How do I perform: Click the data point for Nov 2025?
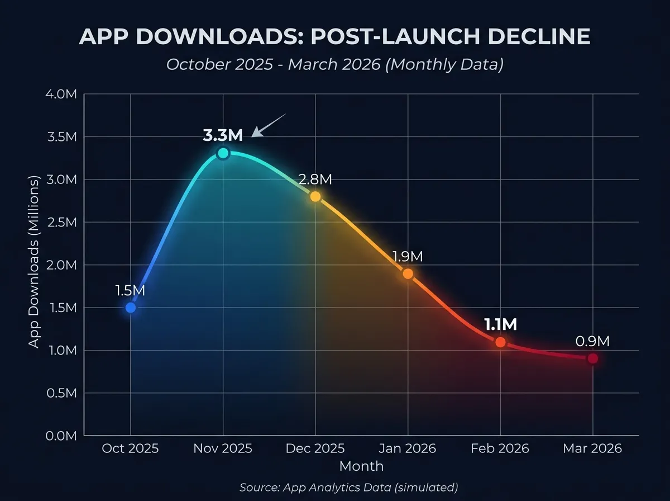point(223,153)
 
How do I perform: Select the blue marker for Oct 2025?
point(131,308)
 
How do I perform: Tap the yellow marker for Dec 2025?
point(315,196)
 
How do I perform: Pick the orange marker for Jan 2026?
point(408,273)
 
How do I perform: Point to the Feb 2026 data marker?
point(500,342)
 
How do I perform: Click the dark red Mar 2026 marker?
point(592,358)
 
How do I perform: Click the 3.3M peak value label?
point(223,135)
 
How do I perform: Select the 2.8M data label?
point(315,179)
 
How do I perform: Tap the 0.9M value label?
point(592,341)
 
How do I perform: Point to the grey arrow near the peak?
point(269,125)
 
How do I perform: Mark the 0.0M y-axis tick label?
point(61,436)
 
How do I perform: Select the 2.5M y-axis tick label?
point(61,222)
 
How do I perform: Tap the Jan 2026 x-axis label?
point(408,449)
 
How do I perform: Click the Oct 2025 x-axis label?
point(131,449)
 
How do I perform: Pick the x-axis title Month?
point(361,466)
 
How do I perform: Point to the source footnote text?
point(349,488)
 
